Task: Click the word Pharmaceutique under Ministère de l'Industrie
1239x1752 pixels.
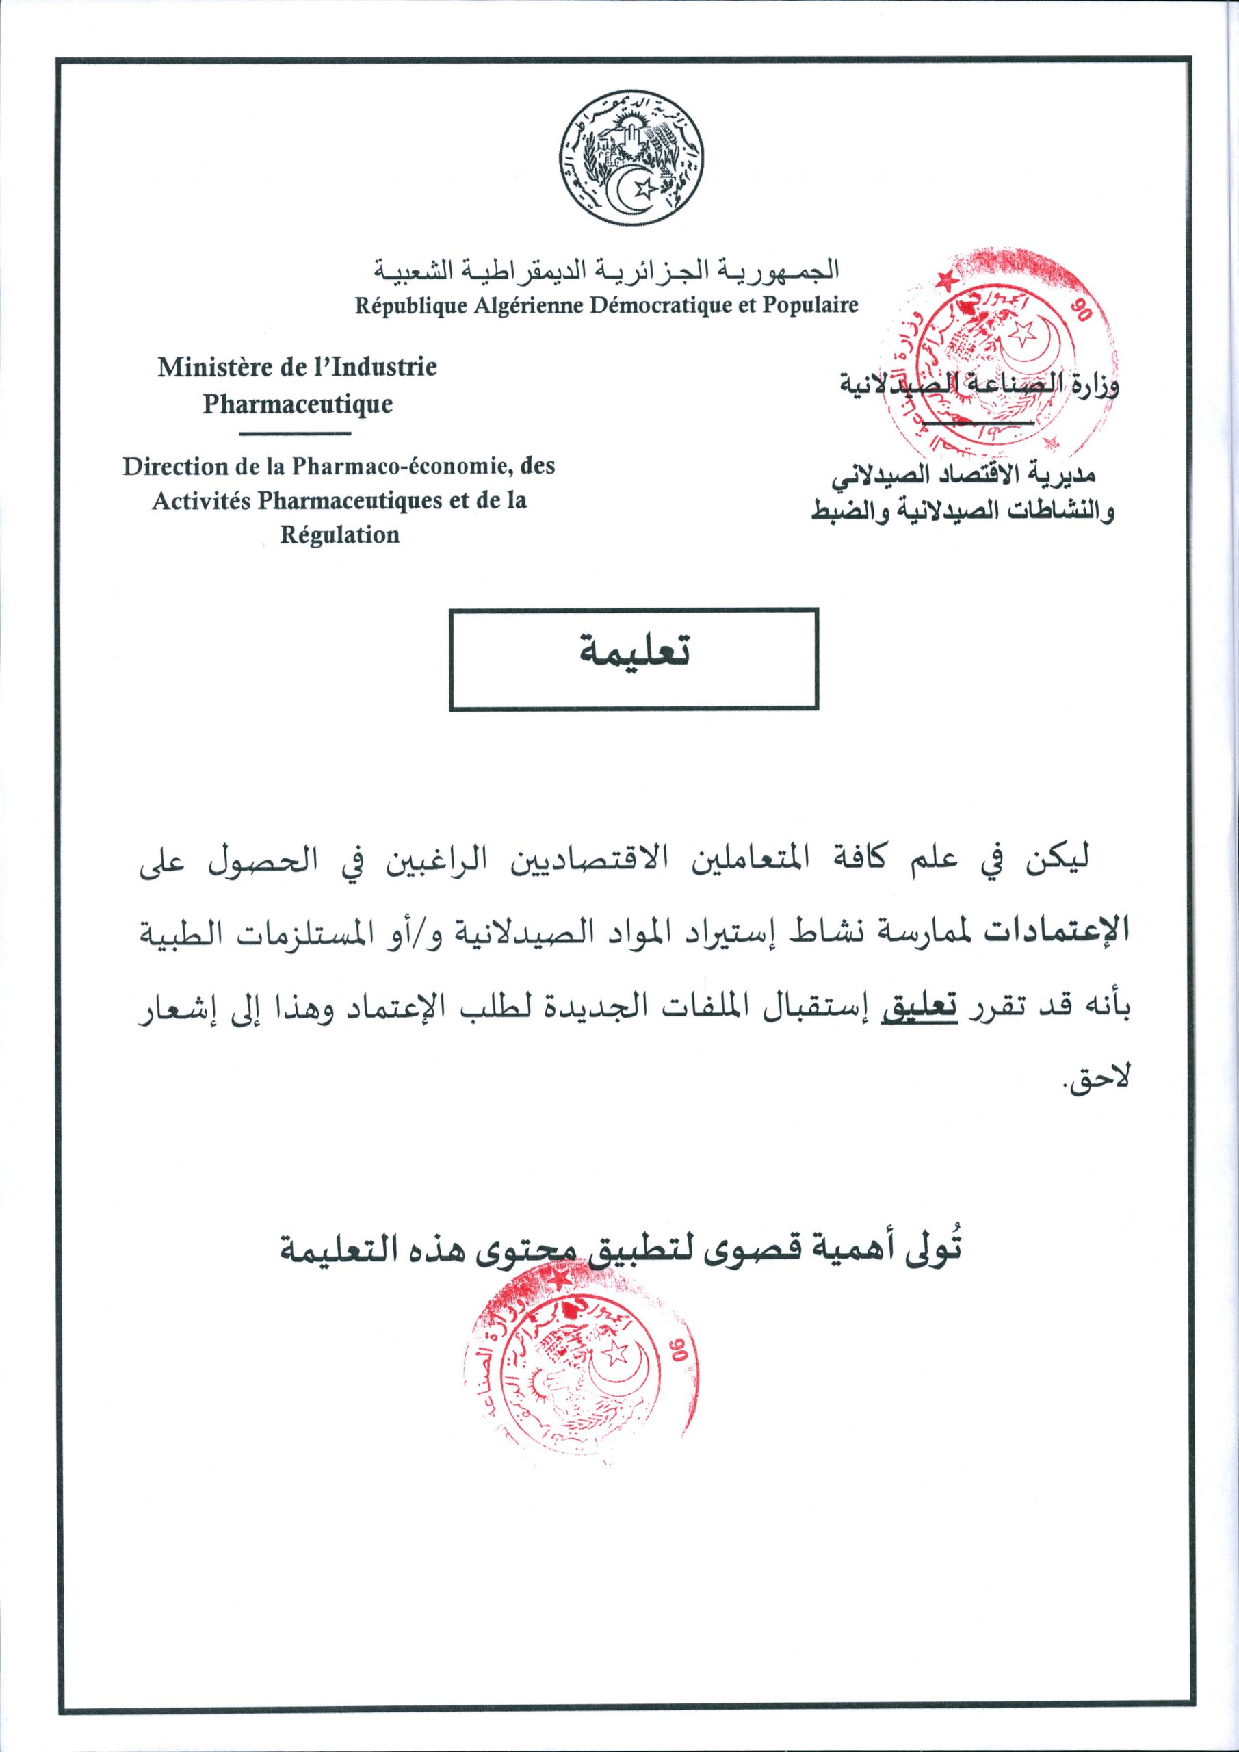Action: pyautogui.click(x=298, y=404)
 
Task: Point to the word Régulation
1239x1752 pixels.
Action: pyautogui.click(x=339, y=535)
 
